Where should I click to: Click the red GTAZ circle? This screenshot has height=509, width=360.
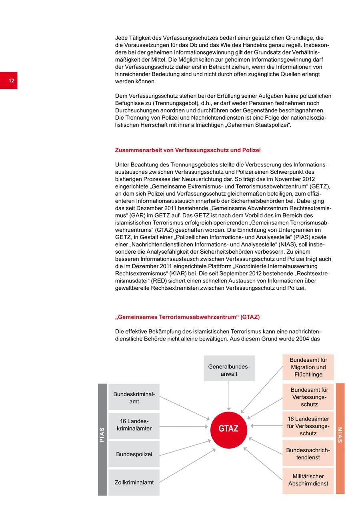229,428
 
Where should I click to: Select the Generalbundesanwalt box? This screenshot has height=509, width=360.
229,369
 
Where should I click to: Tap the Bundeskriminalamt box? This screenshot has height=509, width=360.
134,397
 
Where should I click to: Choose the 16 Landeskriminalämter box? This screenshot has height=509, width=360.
134,426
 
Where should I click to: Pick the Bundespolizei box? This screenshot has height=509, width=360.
134,454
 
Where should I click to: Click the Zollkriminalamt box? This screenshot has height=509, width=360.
134,482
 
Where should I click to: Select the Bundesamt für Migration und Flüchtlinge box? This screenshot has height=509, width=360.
308,367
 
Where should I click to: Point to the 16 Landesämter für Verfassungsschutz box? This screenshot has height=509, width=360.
308,426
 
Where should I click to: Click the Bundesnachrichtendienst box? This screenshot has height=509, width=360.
308,454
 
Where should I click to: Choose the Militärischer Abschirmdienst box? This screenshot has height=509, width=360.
308,480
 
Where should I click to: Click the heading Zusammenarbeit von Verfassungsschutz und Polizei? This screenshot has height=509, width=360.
188,150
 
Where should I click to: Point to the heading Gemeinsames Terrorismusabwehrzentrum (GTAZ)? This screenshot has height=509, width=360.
187,317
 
